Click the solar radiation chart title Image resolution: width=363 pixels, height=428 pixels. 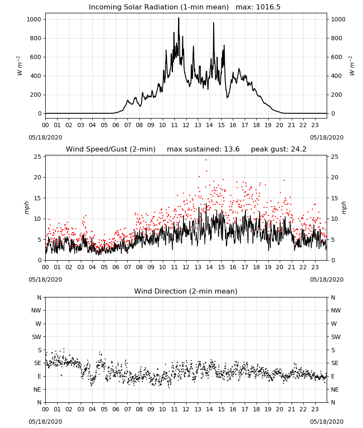point(184,7)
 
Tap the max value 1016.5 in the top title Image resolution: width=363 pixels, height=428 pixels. point(268,7)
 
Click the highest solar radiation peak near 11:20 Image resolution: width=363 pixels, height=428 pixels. point(179,18)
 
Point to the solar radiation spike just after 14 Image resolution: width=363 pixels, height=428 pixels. point(214,23)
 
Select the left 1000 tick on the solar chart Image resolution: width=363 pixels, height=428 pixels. point(34,19)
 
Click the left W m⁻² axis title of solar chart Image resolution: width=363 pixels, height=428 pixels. point(20,66)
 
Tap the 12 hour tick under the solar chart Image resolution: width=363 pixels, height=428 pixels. point(186,125)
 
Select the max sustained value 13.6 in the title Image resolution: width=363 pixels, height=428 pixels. point(232,149)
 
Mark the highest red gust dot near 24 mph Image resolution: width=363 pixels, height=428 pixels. point(206,160)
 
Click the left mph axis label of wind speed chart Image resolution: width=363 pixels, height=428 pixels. point(26,208)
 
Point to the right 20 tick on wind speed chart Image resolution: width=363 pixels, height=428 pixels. point(335,178)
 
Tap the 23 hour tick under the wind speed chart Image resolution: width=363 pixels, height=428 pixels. point(315,267)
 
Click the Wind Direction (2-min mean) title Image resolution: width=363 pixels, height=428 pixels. point(186,291)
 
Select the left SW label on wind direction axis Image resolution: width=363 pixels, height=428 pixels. point(36,337)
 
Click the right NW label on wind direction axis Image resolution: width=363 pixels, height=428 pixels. point(336,310)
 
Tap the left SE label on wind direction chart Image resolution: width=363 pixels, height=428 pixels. point(38,363)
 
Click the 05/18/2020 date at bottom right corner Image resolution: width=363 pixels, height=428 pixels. point(327,422)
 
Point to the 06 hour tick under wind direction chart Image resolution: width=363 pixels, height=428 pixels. point(116,409)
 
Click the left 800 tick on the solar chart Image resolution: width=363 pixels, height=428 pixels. point(36,38)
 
